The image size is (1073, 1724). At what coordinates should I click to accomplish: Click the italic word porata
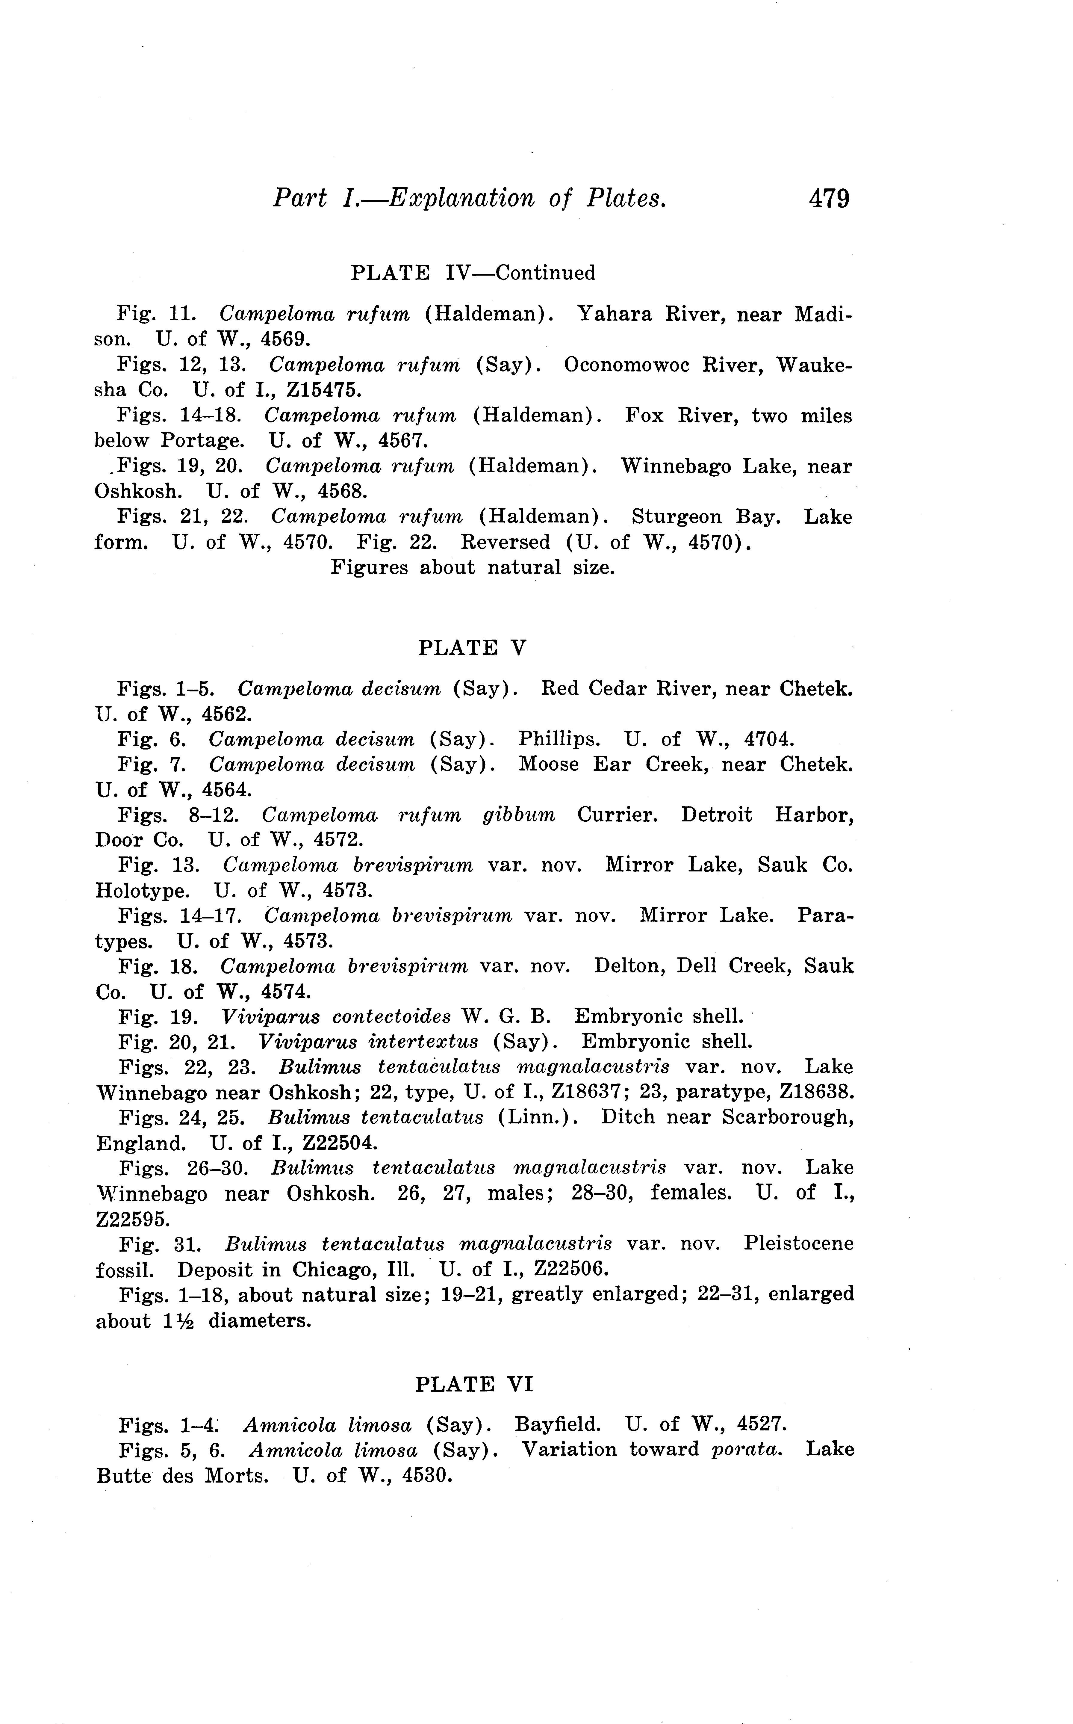coord(747,1449)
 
